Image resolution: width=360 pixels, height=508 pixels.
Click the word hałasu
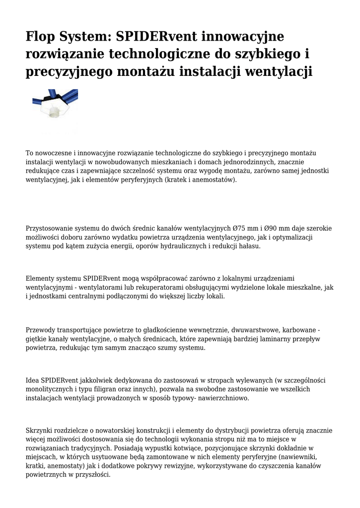tap(253, 246)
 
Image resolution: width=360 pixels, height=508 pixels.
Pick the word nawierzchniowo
tap(223, 398)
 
